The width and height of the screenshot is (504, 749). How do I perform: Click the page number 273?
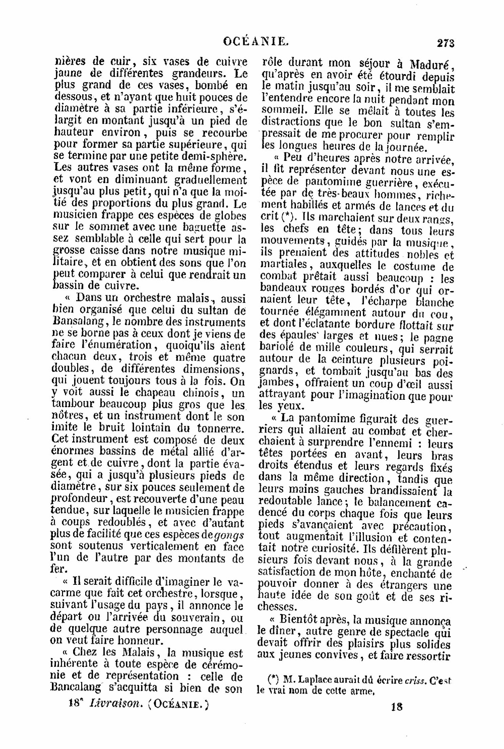445,43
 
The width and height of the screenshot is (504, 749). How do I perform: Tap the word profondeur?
80,498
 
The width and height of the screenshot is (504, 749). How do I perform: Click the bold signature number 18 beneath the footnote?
396,706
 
